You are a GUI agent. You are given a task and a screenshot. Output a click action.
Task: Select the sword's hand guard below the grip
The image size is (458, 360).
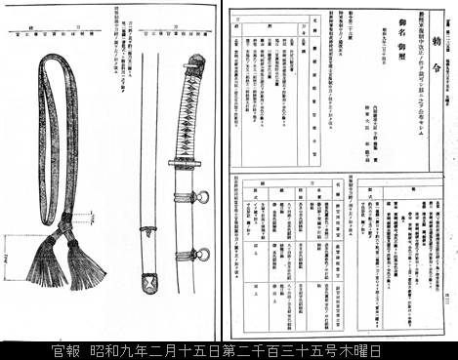(x=183, y=162)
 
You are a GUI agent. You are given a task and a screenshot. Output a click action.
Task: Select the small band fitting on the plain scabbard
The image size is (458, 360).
(x=148, y=230)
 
